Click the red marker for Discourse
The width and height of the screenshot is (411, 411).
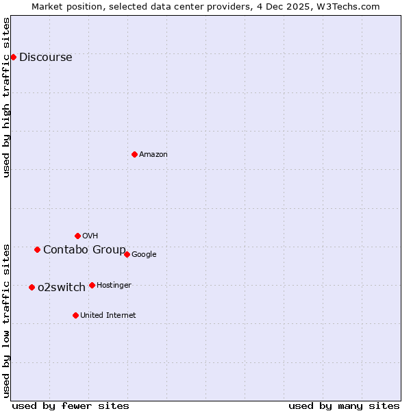click(13, 57)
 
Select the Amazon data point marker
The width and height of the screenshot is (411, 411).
click(134, 154)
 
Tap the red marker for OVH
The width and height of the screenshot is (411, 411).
click(77, 236)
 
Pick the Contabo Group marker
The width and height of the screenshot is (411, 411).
click(37, 249)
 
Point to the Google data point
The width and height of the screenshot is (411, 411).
click(127, 254)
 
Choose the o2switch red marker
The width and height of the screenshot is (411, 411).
click(32, 287)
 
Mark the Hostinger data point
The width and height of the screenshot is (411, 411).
click(92, 285)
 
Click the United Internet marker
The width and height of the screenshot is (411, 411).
click(75, 315)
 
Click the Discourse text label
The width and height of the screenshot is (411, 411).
click(45, 57)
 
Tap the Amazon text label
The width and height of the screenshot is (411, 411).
click(153, 155)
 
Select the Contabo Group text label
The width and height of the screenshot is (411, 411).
click(84, 249)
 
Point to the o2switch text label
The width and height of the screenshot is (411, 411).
click(62, 287)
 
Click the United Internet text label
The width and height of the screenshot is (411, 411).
click(108, 315)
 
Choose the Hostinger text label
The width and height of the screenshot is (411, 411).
click(114, 285)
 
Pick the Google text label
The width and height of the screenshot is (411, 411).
click(144, 255)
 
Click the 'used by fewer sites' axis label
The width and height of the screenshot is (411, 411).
click(71, 406)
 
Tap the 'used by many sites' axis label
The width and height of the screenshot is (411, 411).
click(344, 406)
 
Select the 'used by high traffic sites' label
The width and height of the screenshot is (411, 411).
click(7, 97)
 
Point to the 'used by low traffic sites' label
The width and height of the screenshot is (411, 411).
click(7, 320)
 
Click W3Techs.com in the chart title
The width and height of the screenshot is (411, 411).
click(351, 6)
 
